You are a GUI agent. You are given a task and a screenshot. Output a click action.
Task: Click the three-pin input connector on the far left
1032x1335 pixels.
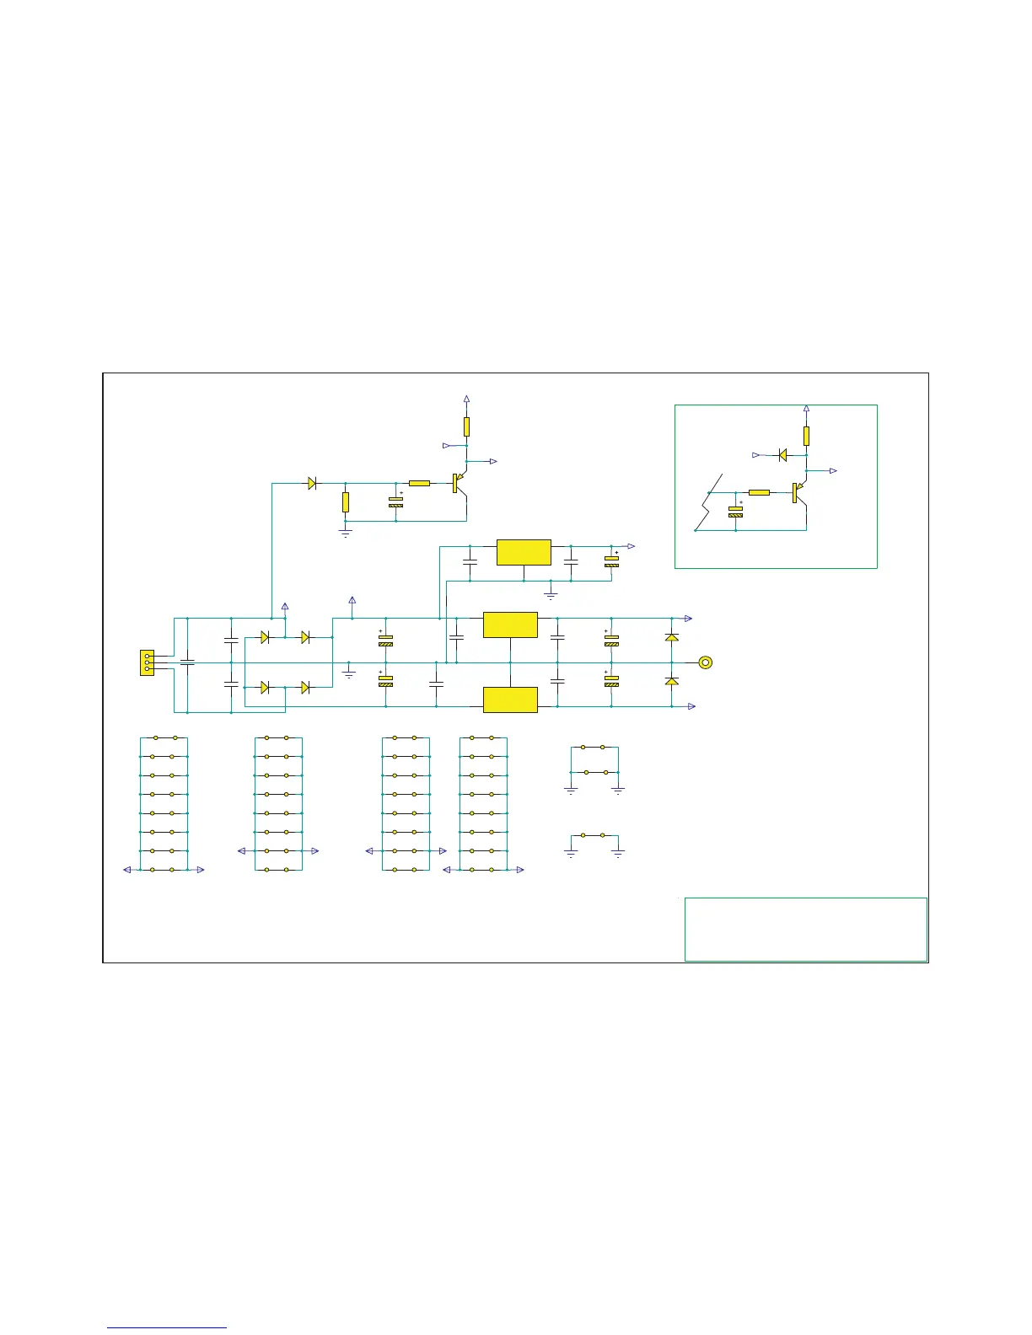(x=148, y=662)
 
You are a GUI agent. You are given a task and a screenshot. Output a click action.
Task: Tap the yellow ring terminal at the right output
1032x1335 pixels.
(x=707, y=662)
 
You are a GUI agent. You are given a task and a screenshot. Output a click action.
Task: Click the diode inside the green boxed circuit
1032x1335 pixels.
(x=782, y=455)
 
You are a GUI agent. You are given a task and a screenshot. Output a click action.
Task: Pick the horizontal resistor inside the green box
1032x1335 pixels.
(x=759, y=492)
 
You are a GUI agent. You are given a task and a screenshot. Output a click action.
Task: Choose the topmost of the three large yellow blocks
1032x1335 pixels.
(x=524, y=552)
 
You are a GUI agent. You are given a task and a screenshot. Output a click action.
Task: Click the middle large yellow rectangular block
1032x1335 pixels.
(x=510, y=625)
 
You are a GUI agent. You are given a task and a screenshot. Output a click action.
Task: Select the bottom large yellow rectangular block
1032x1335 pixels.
(x=510, y=700)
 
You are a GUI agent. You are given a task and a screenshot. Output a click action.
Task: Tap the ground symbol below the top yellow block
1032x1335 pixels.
(x=551, y=596)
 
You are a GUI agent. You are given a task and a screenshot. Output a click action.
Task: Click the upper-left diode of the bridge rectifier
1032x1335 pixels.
(x=265, y=637)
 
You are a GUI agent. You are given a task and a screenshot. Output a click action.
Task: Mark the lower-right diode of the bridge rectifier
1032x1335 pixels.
(x=305, y=688)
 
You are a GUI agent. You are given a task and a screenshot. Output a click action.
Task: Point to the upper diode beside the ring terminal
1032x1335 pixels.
(x=672, y=637)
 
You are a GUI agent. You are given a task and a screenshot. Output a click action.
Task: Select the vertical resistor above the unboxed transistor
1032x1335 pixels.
(x=466, y=426)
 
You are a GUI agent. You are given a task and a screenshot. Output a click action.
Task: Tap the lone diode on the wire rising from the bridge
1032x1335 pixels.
(x=312, y=483)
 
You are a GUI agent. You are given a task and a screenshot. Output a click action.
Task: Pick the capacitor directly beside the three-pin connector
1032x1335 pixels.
(x=187, y=662)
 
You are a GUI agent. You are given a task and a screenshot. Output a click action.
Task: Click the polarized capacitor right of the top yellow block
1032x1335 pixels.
(x=611, y=561)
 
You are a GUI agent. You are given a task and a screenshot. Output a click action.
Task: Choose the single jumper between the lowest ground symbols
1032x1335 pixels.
(x=594, y=835)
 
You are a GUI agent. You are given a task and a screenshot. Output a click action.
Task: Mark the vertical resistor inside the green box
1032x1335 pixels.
(x=806, y=436)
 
